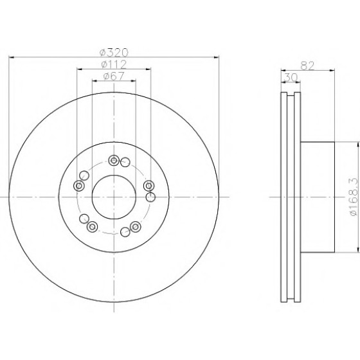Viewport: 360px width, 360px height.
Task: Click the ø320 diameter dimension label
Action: click(114, 53)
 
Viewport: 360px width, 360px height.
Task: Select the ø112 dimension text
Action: click(114, 64)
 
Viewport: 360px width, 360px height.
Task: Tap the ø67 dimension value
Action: click(114, 76)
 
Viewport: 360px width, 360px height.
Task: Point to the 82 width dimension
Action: click(307, 66)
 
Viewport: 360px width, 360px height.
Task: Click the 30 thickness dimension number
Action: click(291, 78)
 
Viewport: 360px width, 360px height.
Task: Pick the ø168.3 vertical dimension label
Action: click(354, 197)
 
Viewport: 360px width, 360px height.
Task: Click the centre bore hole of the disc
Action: click(114, 197)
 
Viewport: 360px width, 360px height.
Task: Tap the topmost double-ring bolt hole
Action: click(114, 160)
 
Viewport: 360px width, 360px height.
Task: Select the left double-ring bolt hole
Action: click(78, 186)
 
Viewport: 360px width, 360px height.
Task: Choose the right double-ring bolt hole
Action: click(148, 186)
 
